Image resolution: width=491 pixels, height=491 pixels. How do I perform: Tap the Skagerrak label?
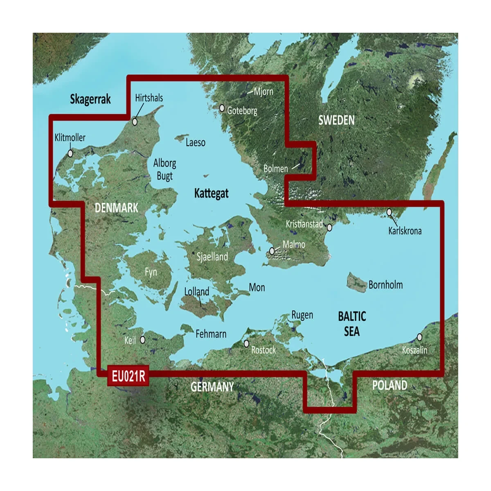[x=90, y=99]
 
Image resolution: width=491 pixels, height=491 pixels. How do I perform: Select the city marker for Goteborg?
[x=222, y=108]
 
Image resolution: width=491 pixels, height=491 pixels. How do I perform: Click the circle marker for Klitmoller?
[x=70, y=153]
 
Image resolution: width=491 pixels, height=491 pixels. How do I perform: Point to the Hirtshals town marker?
[x=135, y=122]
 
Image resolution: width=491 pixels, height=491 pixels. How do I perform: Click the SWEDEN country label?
[x=336, y=120]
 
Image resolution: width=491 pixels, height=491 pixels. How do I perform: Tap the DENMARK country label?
[x=116, y=208]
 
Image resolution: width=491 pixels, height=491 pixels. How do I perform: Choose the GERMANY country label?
[x=212, y=387]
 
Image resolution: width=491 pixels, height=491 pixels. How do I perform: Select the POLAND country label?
[x=390, y=385]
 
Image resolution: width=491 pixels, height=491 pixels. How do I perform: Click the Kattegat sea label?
[x=211, y=194]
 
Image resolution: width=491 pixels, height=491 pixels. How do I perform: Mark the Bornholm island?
[x=356, y=282]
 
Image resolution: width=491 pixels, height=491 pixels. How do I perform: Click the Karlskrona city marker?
[x=390, y=212]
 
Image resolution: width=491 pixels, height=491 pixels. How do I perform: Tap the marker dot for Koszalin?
[x=419, y=337]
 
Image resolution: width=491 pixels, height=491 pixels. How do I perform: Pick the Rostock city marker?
[x=246, y=344]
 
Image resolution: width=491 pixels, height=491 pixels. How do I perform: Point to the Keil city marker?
[x=143, y=340]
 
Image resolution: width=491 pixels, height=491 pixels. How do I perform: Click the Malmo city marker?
[x=273, y=251]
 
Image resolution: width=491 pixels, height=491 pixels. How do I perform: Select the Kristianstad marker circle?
[x=329, y=226]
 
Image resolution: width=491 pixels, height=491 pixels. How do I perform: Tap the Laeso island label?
[x=195, y=143]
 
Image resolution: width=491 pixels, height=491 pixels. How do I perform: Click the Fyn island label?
[x=151, y=272]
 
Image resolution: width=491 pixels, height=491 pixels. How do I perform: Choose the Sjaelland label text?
[x=212, y=257]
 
